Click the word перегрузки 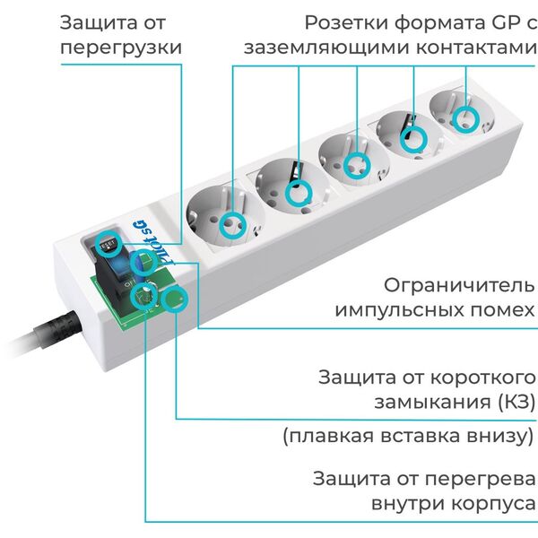(x=121, y=48)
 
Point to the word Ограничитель (x=459, y=285)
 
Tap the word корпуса (x=493, y=504)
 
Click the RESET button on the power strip (x=108, y=245)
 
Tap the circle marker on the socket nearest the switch (x=232, y=225)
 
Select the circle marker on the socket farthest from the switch (x=465, y=119)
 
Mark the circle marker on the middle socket (x=357, y=166)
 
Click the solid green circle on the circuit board (x=176, y=299)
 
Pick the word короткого (x=482, y=377)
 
